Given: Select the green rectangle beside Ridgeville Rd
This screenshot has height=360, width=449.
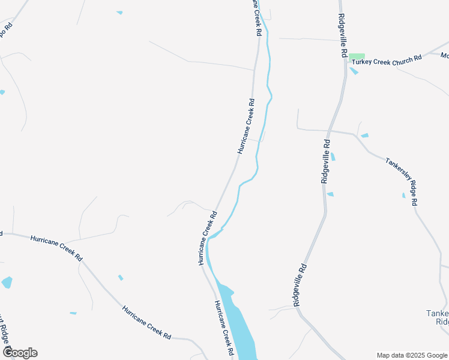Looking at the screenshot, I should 357,56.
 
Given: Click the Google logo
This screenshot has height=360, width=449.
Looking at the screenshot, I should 20,352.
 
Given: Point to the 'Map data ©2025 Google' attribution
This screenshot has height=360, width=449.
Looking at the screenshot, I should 411,355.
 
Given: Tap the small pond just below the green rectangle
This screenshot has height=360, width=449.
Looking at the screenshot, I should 354,71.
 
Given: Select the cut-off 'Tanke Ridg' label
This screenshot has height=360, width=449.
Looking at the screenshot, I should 437,317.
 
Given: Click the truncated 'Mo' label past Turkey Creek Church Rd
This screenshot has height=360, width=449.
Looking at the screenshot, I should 444,55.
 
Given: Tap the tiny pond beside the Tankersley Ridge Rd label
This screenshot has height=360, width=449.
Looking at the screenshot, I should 403,195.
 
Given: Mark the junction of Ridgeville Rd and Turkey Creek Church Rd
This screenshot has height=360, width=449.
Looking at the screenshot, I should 346,62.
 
